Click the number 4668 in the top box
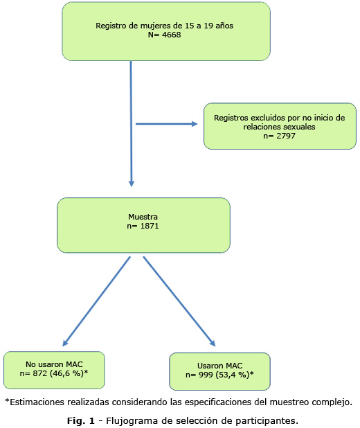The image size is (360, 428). click(172, 35)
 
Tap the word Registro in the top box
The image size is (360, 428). click(108, 26)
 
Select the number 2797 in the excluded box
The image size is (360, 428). click(286, 136)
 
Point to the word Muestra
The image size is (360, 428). click(143, 217)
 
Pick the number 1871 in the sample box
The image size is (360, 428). click(150, 226)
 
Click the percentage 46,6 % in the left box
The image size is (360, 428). click(66, 373)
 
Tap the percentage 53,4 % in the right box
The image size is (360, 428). click(232, 375)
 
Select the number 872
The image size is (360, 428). click(40, 373)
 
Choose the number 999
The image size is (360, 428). click(206, 375)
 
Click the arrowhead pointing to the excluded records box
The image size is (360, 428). click(195, 124)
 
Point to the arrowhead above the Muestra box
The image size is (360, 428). click(132, 184)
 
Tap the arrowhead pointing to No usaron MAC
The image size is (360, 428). click(65, 343)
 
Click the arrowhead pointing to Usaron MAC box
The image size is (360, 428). click(213, 343)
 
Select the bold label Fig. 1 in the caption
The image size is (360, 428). click(81, 420)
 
